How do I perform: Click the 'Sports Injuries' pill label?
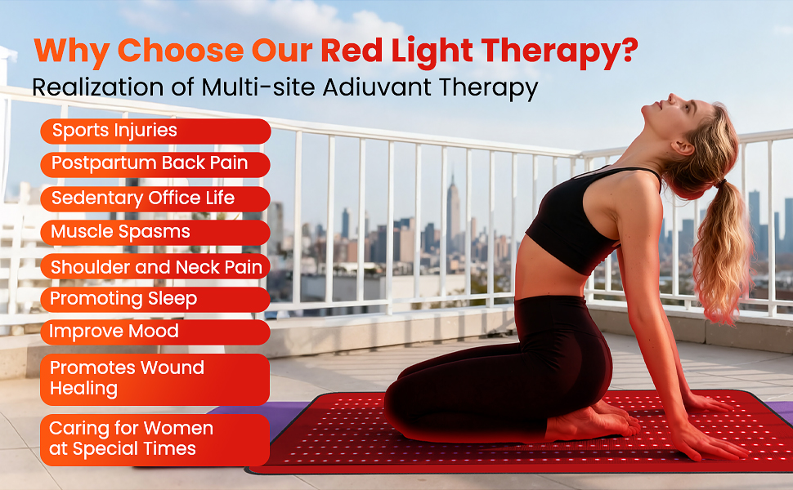pyautogui.click(x=155, y=131)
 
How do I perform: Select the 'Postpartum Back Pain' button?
pyautogui.click(x=155, y=164)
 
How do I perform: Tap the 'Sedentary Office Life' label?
pyautogui.click(x=155, y=198)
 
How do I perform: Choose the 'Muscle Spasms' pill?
pyautogui.click(x=155, y=233)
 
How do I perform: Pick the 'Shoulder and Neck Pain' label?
pyautogui.click(x=155, y=266)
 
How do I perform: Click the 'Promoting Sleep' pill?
pyautogui.click(x=155, y=300)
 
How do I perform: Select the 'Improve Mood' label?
pyautogui.click(x=155, y=332)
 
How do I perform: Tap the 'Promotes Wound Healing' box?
pyautogui.click(x=155, y=380)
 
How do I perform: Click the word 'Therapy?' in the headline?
pyautogui.click(x=559, y=52)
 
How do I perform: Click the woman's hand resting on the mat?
pyautogui.click(x=710, y=442)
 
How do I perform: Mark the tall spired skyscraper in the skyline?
pyautogui.click(x=453, y=212)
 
